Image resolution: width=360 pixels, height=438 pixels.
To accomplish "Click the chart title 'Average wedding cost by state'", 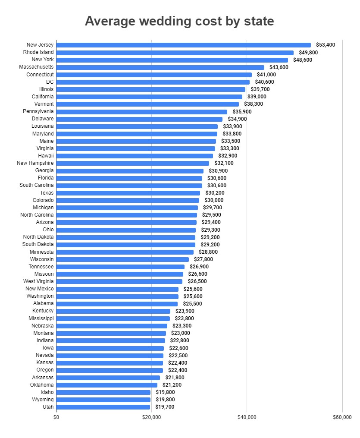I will click(179, 21).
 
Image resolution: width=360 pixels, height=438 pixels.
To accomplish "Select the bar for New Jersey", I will click(183, 45).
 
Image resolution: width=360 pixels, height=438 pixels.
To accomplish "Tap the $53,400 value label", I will click(326, 45).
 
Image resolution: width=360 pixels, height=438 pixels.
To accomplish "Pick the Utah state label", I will click(48, 407).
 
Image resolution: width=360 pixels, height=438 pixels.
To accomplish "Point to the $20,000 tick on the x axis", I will click(151, 417).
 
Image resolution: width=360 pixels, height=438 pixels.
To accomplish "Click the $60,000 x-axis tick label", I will click(342, 417).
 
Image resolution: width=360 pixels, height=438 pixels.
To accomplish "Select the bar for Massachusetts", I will click(160, 67).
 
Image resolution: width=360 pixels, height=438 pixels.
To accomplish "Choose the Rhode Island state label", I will click(38, 52).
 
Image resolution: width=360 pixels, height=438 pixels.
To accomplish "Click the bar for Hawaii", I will click(135, 156).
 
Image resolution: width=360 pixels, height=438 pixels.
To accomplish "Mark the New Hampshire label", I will click(35, 163).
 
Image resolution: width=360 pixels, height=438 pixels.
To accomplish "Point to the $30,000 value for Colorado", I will click(214, 200).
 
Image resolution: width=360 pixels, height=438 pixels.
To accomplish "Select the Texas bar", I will click(128, 193).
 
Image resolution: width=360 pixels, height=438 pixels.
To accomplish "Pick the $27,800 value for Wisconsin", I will click(203, 259).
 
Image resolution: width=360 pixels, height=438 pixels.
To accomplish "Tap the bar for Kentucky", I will click(113, 311).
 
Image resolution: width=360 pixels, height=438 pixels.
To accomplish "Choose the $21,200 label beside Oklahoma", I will click(172, 385).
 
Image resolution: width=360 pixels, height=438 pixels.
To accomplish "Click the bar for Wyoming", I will click(103, 400).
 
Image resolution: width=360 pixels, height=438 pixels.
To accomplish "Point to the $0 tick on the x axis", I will click(56, 417).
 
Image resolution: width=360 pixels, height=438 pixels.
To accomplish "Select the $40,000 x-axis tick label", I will click(247, 417).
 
